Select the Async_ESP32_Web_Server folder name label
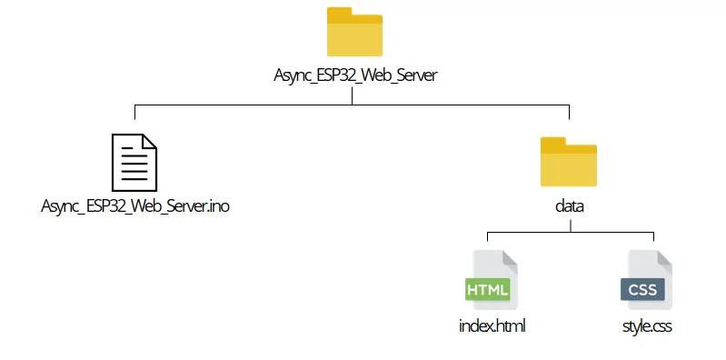coord(354,76)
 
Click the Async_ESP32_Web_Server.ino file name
coord(135,206)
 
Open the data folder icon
coord(569,165)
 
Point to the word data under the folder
coord(569,206)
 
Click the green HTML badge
coord(488,290)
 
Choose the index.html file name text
coord(492,325)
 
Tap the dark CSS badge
coord(642,290)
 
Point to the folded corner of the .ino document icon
coord(150,142)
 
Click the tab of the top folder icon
coord(340,14)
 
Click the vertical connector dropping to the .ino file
coord(134,113)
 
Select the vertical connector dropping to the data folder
coord(569,113)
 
